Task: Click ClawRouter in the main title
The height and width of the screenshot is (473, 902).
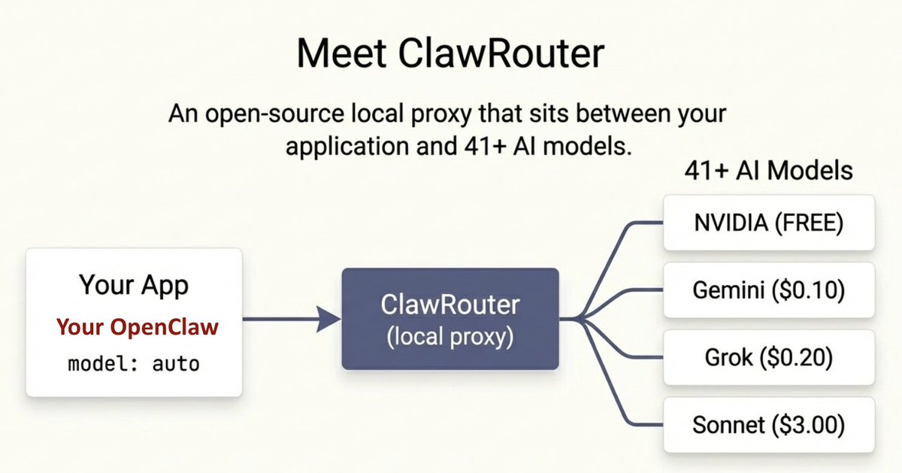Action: pos(505,53)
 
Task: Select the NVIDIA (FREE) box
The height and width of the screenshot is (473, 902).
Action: pos(768,223)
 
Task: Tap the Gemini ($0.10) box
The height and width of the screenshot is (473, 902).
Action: pos(768,290)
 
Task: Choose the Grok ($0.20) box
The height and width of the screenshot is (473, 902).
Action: pos(768,358)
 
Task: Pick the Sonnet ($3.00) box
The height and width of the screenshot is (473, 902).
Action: pos(768,426)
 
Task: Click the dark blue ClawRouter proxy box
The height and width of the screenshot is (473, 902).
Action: pos(450,318)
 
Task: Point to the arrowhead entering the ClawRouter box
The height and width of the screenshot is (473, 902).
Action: pos(330,320)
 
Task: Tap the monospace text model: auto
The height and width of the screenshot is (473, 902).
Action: pos(134,365)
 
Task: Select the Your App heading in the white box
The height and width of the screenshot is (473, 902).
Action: pos(134,286)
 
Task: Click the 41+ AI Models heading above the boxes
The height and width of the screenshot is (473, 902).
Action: pos(768,171)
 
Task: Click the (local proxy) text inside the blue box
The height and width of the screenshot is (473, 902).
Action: pos(450,337)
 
